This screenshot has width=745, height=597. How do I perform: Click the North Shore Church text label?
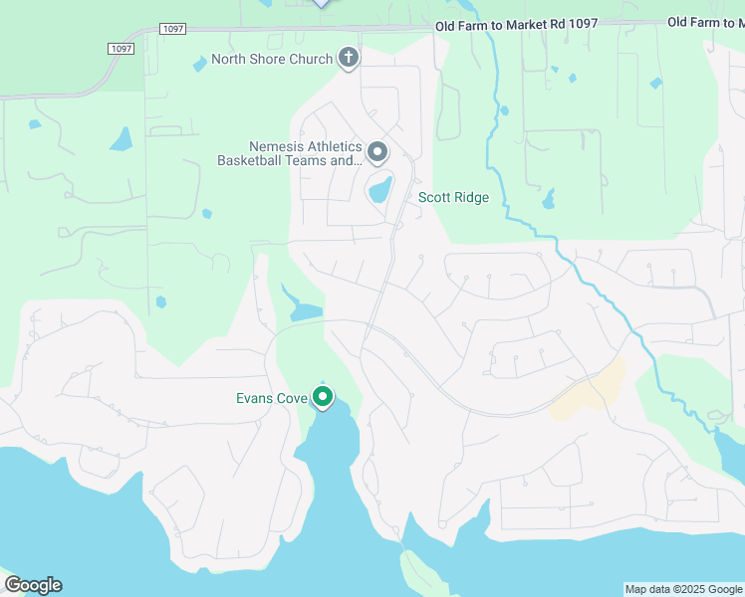[x=271, y=60]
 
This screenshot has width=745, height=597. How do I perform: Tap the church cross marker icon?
[x=349, y=58]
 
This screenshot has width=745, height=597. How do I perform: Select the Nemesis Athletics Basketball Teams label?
[x=289, y=154]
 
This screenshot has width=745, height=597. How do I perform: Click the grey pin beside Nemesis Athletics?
[x=377, y=152]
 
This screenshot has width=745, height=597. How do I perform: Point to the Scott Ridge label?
[x=453, y=198]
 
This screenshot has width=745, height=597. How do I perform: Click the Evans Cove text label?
[x=272, y=399]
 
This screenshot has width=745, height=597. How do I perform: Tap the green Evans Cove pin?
[x=323, y=397]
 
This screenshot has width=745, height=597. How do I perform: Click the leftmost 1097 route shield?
[x=121, y=48]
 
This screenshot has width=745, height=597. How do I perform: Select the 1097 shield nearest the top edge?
[x=172, y=29]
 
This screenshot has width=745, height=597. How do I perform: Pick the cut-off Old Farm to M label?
[x=705, y=22]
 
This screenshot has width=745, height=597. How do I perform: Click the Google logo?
[x=33, y=585]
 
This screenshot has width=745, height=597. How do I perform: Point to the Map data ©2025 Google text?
[x=683, y=589]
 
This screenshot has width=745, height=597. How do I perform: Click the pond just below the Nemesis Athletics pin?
[x=379, y=189]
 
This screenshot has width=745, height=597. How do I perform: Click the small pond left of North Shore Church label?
[x=199, y=63]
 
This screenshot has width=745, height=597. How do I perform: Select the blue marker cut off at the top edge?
[x=321, y=3]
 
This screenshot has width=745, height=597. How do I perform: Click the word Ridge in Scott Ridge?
[x=471, y=198]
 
